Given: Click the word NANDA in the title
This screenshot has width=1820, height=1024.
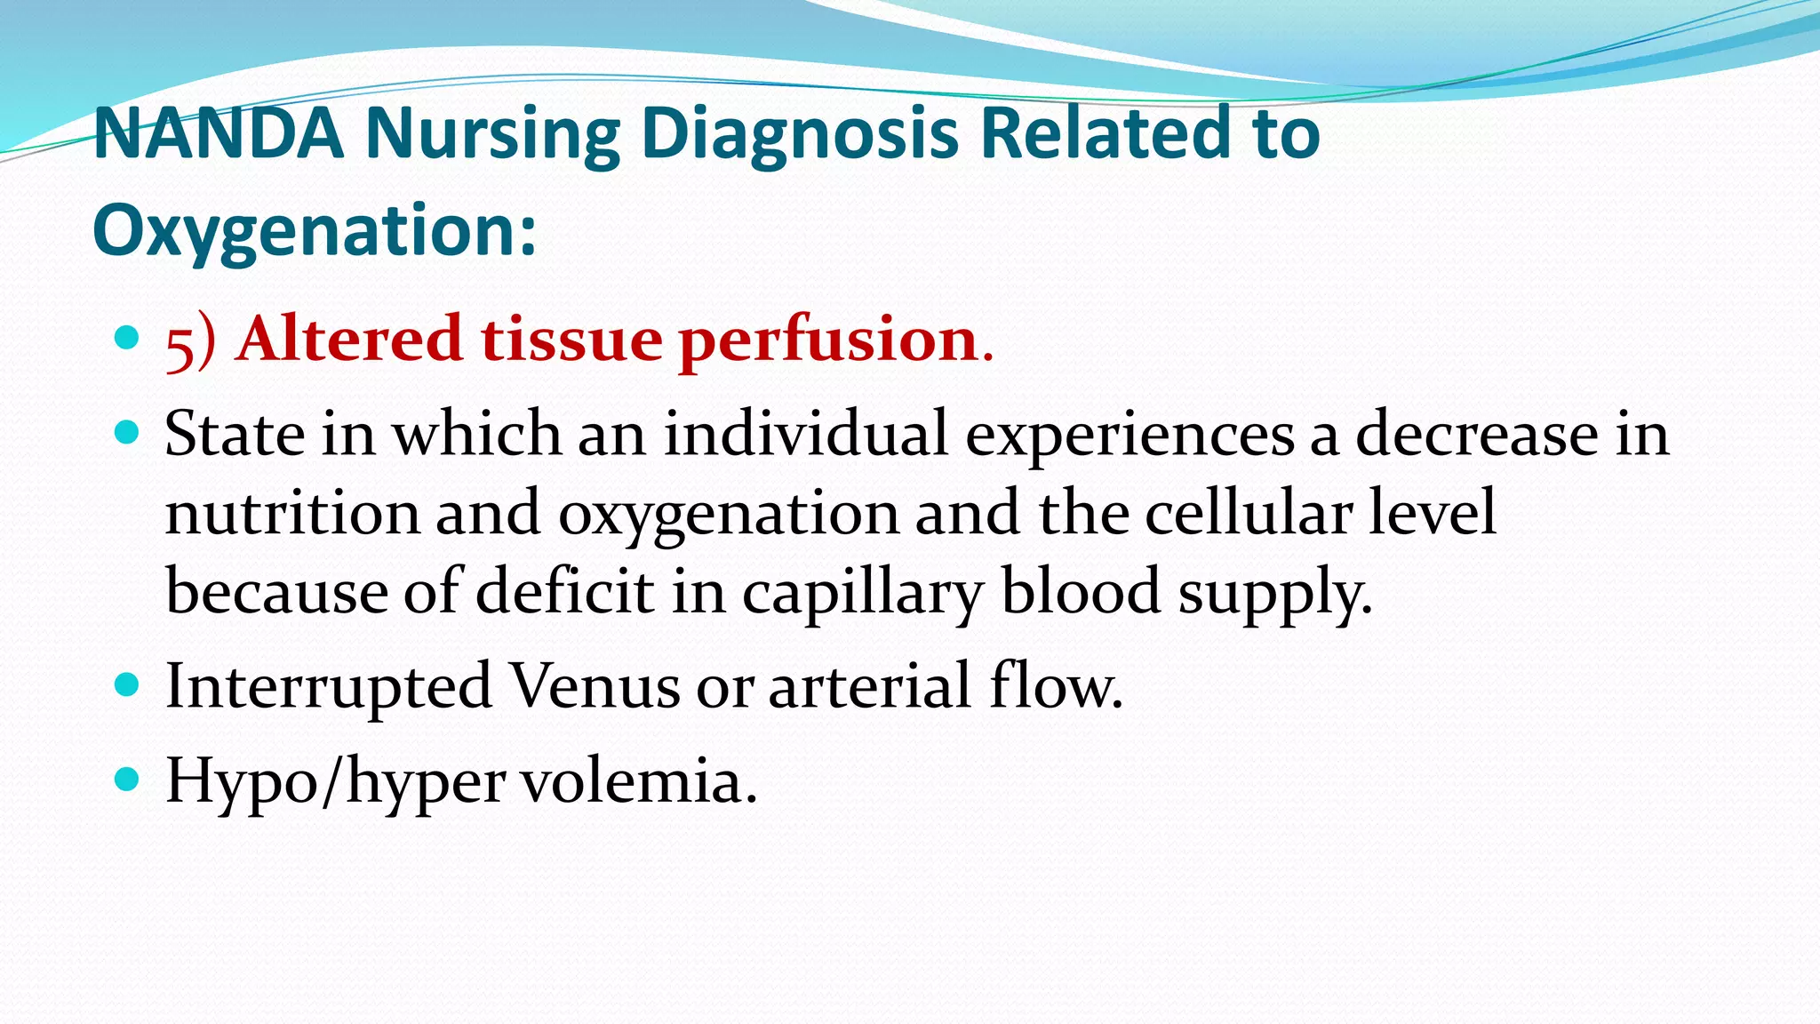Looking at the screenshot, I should click(219, 133).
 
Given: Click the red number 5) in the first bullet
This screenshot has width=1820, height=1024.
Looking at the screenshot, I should click(190, 341).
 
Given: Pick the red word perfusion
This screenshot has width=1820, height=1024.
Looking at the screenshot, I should click(828, 341).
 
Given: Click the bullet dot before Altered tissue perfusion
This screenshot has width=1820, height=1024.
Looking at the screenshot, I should click(128, 338).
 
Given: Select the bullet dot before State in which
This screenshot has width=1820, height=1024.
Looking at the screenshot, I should click(128, 433).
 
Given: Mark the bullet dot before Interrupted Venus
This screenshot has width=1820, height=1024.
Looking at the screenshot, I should click(128, 684).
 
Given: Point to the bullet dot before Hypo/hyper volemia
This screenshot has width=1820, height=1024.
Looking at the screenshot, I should click(128, 780).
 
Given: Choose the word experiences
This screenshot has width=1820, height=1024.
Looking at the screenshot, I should click(1130, 436).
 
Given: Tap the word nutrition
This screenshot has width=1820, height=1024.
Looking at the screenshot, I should click(292, 513).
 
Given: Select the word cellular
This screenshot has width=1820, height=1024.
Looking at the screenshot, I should click(1249, 513).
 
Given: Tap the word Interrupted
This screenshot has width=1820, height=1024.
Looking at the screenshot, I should click(329, 686).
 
